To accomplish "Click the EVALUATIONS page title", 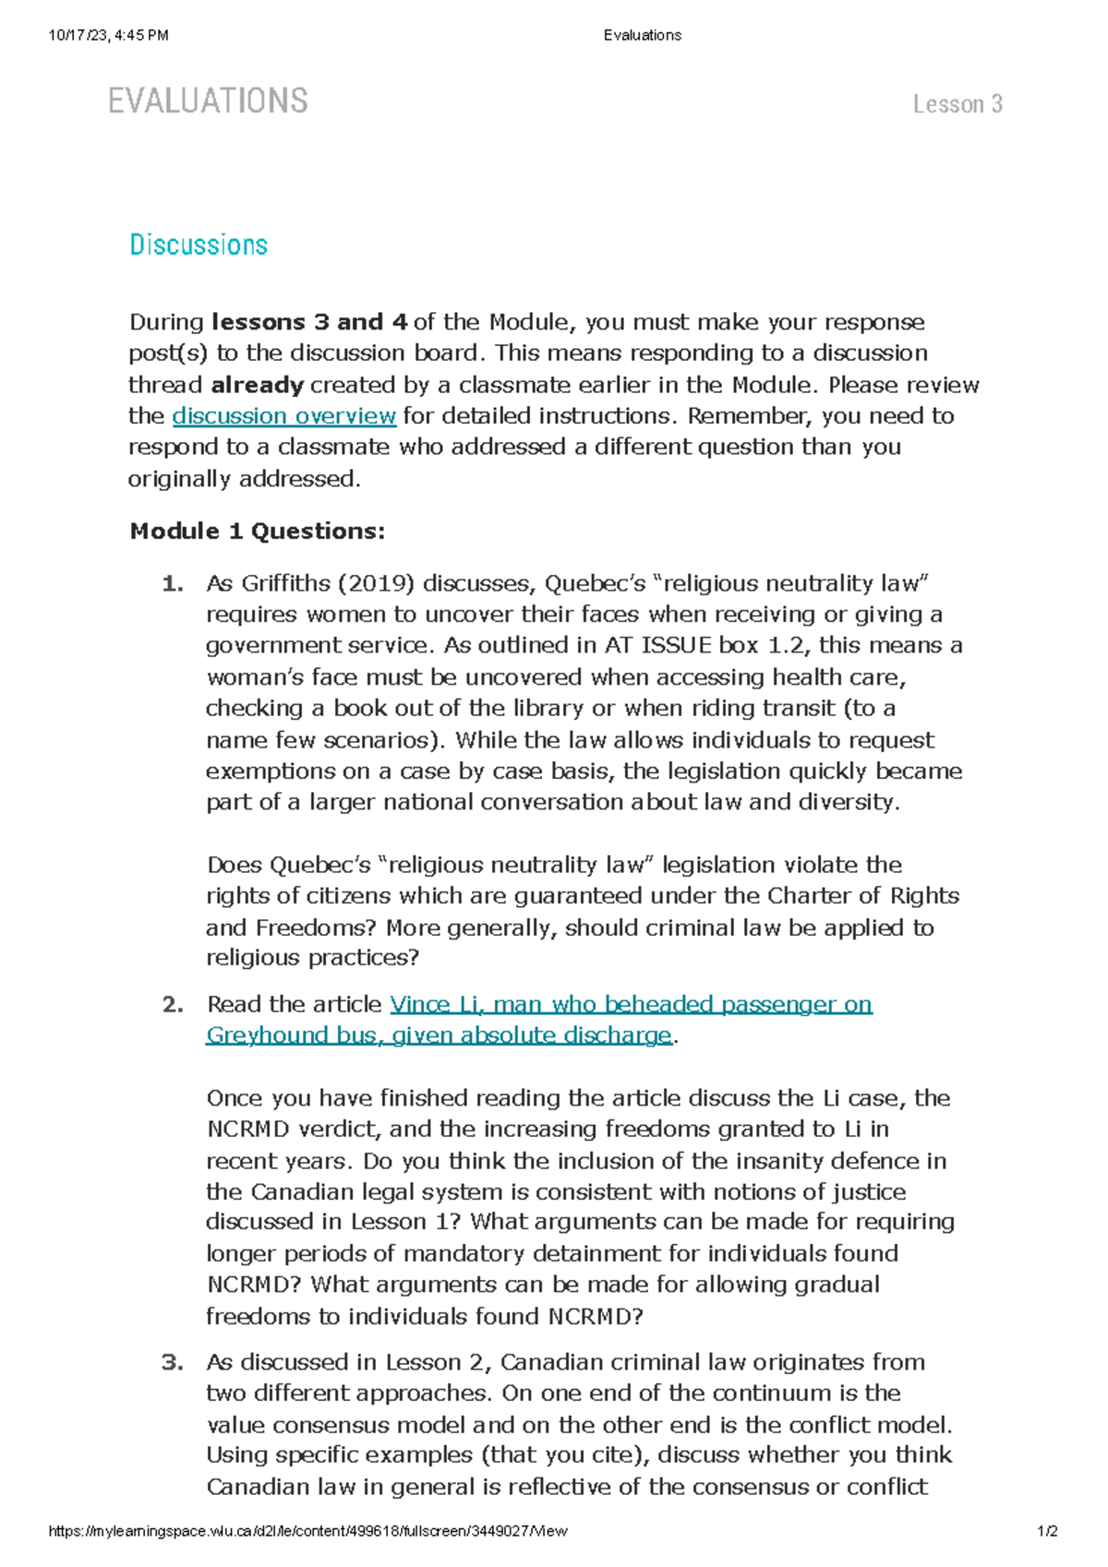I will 208,101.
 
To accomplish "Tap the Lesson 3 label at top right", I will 957,104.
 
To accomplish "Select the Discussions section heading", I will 199,245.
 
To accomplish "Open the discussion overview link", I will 284,416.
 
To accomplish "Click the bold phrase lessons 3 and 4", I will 309,322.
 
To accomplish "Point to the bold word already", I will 258,385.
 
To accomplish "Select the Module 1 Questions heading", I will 258,532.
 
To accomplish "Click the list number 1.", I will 172,583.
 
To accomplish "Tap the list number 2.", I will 173,1004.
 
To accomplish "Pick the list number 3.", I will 173,1362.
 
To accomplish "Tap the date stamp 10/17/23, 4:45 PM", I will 109,35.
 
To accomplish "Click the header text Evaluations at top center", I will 643,35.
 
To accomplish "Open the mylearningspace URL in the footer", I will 307,1531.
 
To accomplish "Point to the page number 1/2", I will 1047,1531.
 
